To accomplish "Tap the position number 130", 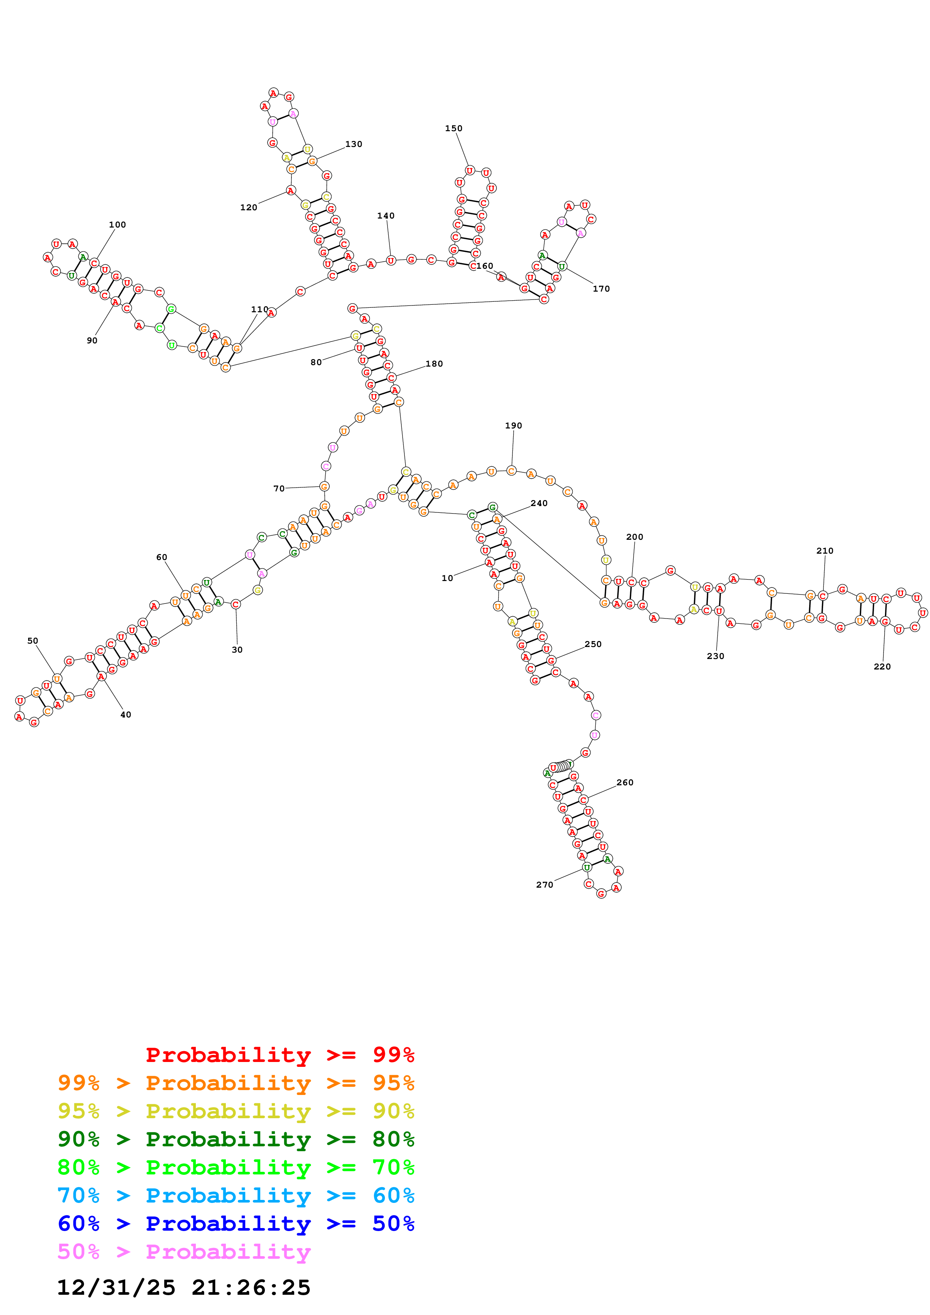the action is pos(353,144).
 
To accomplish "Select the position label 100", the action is pos(117,225).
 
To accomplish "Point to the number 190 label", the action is pos(514,425).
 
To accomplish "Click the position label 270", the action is pos(544,885).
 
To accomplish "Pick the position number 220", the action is pos(882,666).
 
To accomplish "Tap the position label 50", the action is pos(33,641).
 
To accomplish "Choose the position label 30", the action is pos(237,650).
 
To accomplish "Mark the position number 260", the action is pos(625,782).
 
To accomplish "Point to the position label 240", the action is pos(539,503).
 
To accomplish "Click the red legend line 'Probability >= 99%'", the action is pos(279,1055).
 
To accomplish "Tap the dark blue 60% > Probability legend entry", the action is pos(236,1224).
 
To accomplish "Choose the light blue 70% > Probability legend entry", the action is pos(236,1195).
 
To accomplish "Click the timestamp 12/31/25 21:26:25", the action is pos(184,1288).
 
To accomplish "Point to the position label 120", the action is pos(249,207).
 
